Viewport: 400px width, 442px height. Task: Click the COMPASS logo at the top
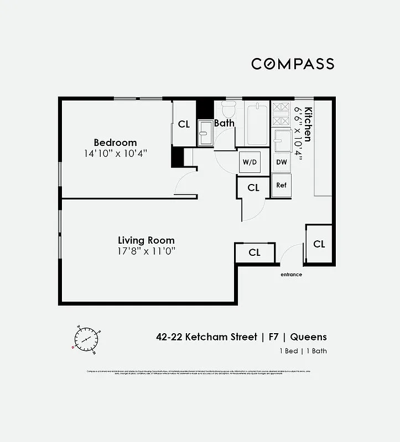coord(293,64)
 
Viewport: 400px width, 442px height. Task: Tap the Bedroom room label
coord(115,142)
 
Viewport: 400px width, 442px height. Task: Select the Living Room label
coord(146,240)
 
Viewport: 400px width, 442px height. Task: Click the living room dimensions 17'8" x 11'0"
coord(146,251)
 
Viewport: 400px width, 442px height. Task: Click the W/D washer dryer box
coord(249,162)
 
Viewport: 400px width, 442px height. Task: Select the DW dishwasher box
coord(281,162)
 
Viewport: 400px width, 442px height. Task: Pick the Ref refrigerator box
coord(281,185)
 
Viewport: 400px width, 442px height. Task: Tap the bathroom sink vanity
coord(205,133)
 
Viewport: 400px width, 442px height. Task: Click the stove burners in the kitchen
coord(281,113)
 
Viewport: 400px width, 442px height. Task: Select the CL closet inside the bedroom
coord(184,124)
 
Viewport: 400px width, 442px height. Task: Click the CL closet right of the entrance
coord(319,244)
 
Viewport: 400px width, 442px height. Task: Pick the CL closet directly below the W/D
coord(253,188)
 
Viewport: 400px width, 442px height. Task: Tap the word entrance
coord(291,275)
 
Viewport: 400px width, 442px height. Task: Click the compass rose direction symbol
coord(86,339)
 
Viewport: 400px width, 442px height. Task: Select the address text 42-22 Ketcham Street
coord(206,337)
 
